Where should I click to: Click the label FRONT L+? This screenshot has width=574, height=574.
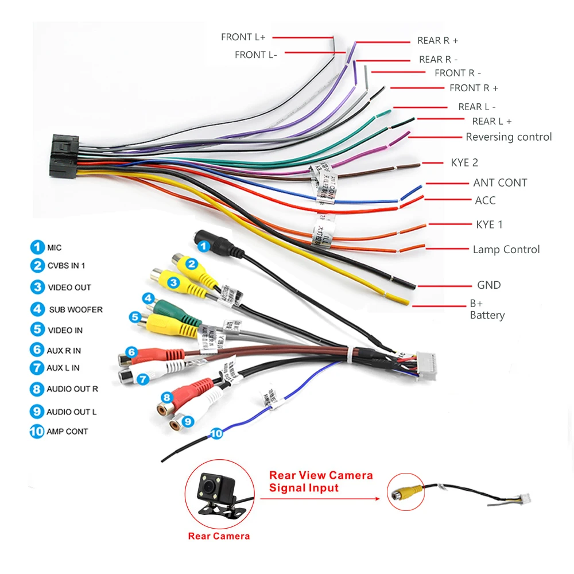(243, 37)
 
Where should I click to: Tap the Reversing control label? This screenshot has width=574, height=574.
(509, 137)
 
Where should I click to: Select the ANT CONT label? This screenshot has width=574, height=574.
(500, 183)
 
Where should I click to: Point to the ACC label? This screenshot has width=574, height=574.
(485, 200)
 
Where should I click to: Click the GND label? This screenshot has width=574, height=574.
(488, 285)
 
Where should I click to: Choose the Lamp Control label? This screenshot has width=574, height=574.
(506, 250)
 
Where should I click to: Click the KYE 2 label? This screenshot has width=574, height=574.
(464, 162)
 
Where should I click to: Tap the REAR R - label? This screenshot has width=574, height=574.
(438, 59)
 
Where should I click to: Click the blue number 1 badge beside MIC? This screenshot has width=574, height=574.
(37, 247)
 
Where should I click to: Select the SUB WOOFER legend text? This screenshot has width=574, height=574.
(75, 309)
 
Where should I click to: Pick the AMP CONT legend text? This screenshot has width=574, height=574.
(67, 431)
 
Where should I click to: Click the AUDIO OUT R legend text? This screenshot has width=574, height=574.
(72, 389)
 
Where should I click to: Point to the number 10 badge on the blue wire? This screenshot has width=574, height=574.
(216, 434)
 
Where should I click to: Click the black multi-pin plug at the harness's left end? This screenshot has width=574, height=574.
(64, 156)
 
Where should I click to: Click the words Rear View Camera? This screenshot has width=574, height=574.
(321, 475)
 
